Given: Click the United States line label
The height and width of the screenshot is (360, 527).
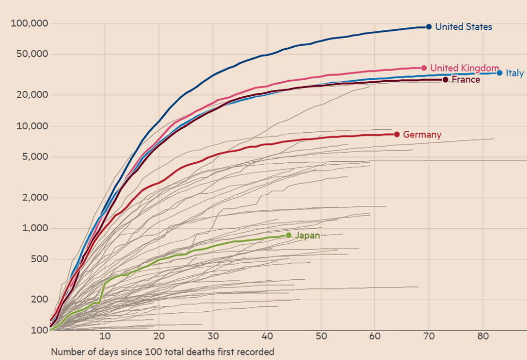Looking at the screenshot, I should click(x=464, y=27).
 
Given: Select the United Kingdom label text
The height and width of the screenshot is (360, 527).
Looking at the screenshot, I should click(x=464, y=68).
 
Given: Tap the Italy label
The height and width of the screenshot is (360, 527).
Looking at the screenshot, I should click(x=514, y=74).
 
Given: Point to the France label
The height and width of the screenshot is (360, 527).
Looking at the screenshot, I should click(x=466, y=80).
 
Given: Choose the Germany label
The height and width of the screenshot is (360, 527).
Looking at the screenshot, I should click(x=422, y=135).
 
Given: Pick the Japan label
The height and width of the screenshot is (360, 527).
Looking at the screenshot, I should click(x=307, y=235).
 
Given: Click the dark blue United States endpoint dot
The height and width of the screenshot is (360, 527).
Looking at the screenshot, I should click(x=429, y=27).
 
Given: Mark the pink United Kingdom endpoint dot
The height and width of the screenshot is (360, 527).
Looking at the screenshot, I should click(x=424, y=68).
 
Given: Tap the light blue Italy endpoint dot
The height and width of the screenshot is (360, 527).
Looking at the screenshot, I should click(x=500, y=73).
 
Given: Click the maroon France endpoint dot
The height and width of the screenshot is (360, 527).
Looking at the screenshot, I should click(x=445, y=80).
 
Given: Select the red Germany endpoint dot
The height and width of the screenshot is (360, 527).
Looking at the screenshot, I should click(x=397, y=134).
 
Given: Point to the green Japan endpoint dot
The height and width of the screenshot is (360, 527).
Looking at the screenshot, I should click(x=289, y=235).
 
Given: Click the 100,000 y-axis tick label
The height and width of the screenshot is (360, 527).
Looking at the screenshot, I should click(x=29, y=24).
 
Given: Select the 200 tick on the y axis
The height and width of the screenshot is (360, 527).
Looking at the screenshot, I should click(x=39, y=299).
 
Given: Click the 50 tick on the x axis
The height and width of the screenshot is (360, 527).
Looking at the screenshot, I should click(x=321, y=337).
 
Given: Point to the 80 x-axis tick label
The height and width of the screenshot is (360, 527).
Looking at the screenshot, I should click(x=483, y=337).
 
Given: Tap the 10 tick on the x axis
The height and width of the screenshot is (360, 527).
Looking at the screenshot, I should click(x=105, y=337).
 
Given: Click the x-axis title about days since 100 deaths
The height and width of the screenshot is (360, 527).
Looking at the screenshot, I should click(x=162, y=351).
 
